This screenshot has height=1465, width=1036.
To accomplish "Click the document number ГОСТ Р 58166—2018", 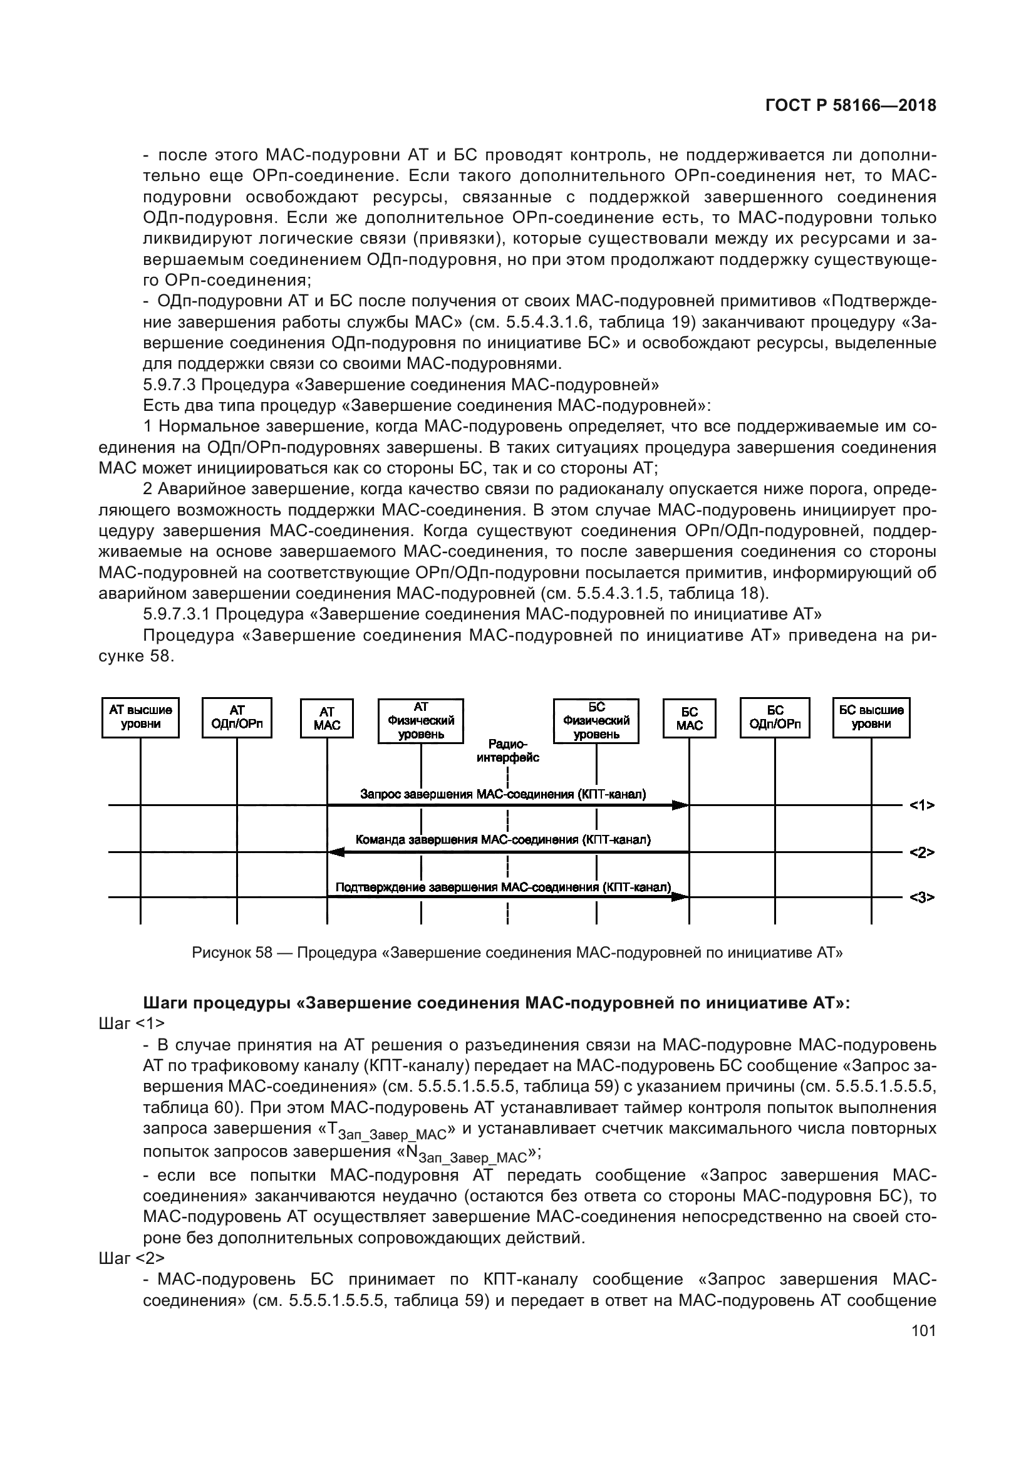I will [x=851, y=106].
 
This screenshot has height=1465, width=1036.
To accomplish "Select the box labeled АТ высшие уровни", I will [x=140, y=717].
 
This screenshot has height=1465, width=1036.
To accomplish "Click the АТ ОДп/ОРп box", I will [x=237, y=717].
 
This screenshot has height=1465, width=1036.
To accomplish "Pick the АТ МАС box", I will [x=326, y=718].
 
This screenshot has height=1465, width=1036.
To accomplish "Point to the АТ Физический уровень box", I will [x=420, y=720].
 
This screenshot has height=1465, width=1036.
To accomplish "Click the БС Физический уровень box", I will [x=596, y=720].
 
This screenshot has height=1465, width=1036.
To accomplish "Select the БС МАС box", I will [x=689, y=718].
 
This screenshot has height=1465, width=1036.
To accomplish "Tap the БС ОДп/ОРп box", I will [x=774, y=717].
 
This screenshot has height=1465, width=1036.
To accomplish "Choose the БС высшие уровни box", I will [x=871, y=717].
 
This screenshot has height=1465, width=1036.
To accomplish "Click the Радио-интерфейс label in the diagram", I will [x=508, y=751].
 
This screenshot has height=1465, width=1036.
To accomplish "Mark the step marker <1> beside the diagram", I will [x=922, y=805].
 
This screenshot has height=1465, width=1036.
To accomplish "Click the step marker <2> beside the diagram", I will [x=922, y=852].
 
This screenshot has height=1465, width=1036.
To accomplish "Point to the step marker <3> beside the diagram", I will [x=922, y=897].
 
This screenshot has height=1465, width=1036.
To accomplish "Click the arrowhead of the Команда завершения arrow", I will [x=335, y=852].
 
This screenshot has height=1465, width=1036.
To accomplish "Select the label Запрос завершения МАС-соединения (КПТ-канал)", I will [x=503, y=794].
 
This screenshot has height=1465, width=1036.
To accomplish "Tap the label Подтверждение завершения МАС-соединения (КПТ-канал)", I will [x=504, y=887].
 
